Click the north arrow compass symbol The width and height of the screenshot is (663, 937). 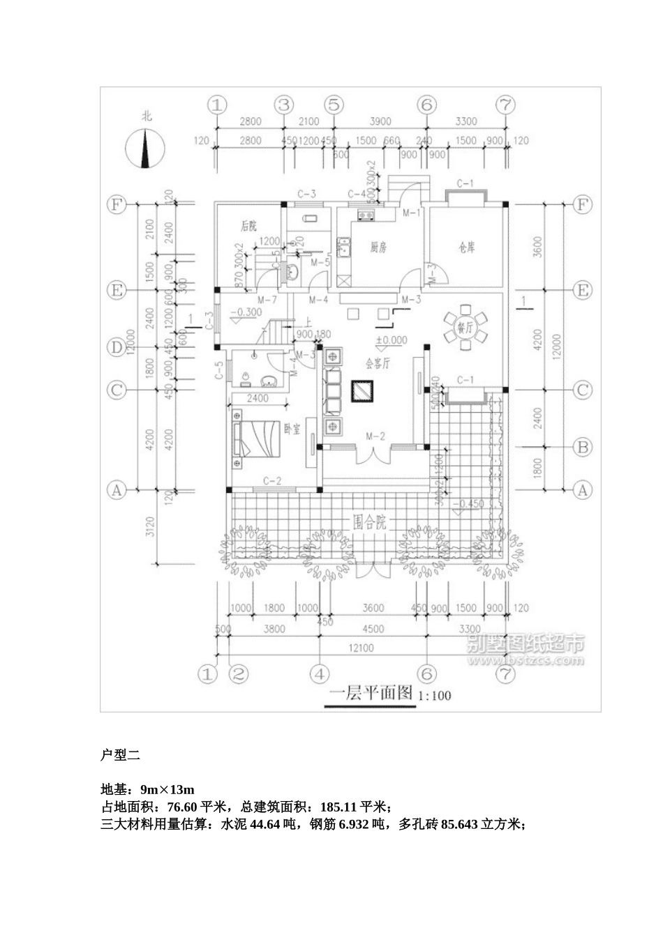click(145, 148)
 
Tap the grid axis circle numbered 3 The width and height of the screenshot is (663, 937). click(283, 105)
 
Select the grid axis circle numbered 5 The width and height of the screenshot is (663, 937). click(334, 105)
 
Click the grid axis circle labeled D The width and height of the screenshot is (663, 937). click(116, 346)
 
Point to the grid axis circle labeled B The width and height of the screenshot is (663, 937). click(581, 446)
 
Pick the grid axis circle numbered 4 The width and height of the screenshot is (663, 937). click(319, 674)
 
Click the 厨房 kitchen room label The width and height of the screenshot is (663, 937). click(378, 247)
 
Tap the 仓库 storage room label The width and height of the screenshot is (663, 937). click(467, 247)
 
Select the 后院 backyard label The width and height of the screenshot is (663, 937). click(248, 226)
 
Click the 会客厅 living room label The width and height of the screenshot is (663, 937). click(378, 363)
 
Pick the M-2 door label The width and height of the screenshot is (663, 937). click(376, 436)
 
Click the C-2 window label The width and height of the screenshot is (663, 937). click(271, 480)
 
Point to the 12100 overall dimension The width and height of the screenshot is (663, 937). click(362, 648)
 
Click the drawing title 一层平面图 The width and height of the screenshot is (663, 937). click(371, 694)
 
